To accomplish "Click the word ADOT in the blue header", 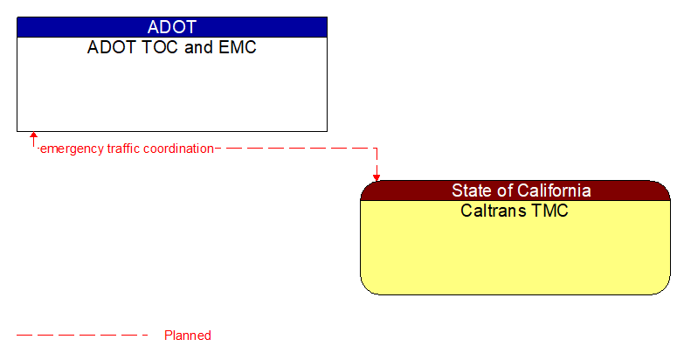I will (172, 27).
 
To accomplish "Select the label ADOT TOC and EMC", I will (172, 47).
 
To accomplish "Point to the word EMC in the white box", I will (238, 47).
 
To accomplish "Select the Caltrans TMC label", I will (515, 211).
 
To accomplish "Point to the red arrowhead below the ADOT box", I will (33, 136).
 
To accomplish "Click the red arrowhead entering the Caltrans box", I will (377, 177).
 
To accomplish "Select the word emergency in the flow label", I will (72, 149).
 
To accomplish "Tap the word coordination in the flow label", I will (179, 149).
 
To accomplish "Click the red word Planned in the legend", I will (188, 336).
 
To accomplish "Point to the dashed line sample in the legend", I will (82, 336).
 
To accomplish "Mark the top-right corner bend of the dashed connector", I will (377, 149).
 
